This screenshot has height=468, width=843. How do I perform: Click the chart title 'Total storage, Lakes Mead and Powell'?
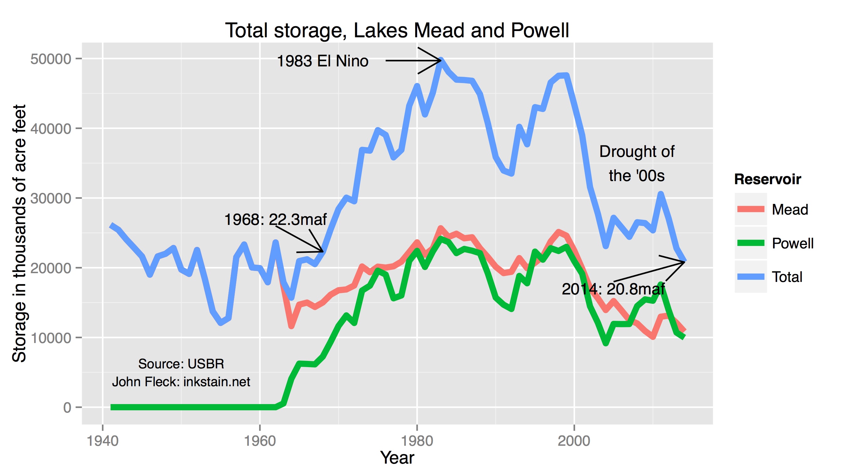tap(397, 30)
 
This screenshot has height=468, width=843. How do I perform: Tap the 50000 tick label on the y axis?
tap(51, 59)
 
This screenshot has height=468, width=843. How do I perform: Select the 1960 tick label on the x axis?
tap(260, 441)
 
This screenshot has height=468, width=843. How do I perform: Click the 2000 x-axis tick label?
tap(574, 441)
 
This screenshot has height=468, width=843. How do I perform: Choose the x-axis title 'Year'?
tap(397, 458)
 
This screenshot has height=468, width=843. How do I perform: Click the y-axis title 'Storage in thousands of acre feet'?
tap(19, 233)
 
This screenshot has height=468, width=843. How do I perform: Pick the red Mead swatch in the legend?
tap(751, 209)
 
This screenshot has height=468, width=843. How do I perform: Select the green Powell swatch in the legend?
tap(751, 243)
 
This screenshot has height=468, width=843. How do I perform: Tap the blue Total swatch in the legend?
tap(751, 277)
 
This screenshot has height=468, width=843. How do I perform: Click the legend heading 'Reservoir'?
tap(767, 179)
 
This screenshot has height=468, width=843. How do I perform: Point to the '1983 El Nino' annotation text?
tap(323, 61)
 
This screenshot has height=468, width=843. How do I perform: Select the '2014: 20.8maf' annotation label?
tap(613, 289)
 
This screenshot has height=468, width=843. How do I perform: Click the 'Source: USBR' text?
tap(181, 364)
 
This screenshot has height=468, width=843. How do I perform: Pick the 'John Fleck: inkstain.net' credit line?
tap(181, 382)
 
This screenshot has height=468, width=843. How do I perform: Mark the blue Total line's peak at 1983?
tap(441, 61)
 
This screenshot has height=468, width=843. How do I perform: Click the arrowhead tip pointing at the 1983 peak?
tap(441, 60)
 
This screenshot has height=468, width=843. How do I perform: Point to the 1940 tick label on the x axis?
tap(102, 441)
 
